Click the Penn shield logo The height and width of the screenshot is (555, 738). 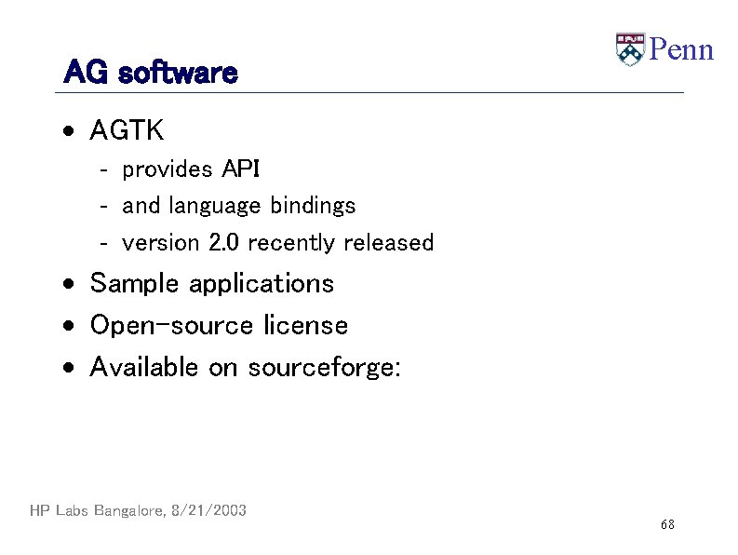(630, 49)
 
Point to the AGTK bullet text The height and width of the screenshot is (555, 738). (127, 131)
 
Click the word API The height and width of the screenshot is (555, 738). (241, 169)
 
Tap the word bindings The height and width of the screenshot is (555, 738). (313, 206)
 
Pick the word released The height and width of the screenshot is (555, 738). (388, 243)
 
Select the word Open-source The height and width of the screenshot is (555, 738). (171, 326)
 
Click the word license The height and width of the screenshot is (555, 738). (305, 326)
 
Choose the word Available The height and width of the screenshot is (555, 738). (144, 367)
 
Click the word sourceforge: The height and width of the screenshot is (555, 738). (325, 367)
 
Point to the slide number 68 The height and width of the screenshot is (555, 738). (667, 525)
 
